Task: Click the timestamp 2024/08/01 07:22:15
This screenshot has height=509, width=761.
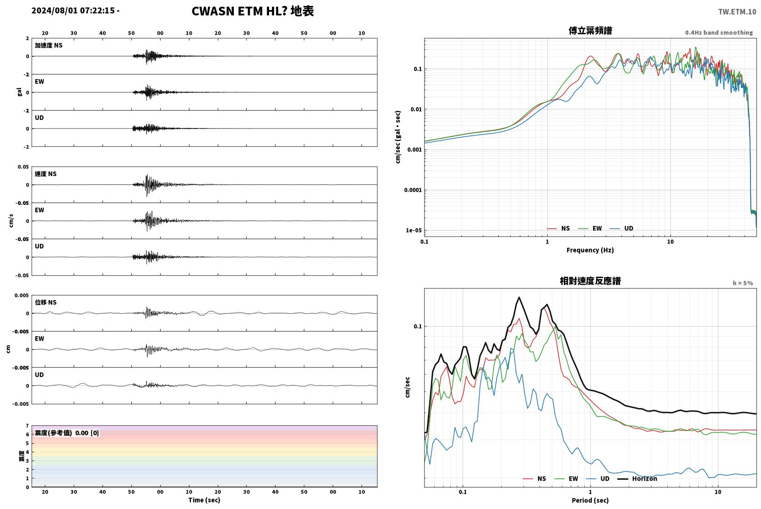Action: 73,11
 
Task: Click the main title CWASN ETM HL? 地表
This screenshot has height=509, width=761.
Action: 253,11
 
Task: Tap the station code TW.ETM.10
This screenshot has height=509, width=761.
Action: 737,12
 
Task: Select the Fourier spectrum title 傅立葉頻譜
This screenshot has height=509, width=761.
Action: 590,31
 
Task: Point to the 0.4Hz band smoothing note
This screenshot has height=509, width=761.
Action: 719,32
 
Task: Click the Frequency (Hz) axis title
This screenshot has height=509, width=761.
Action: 590,250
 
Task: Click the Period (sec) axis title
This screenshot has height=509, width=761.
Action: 590,500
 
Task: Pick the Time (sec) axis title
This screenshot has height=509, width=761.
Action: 204,500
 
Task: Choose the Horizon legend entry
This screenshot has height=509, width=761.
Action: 637,478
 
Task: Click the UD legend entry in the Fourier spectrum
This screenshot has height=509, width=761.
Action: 622,228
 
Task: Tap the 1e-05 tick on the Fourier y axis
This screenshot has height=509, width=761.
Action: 414,230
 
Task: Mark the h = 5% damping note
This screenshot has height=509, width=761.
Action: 743,283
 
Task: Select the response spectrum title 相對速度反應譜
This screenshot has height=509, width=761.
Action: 590,281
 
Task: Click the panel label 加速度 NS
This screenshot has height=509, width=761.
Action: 49,45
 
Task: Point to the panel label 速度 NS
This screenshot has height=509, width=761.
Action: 45,174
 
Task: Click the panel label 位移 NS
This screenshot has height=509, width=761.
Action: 45,302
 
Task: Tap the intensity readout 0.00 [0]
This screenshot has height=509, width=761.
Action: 87,433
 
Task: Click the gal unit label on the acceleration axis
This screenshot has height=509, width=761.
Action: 19,92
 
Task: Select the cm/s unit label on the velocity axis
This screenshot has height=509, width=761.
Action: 11,221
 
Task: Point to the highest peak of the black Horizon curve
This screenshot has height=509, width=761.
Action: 519,297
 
